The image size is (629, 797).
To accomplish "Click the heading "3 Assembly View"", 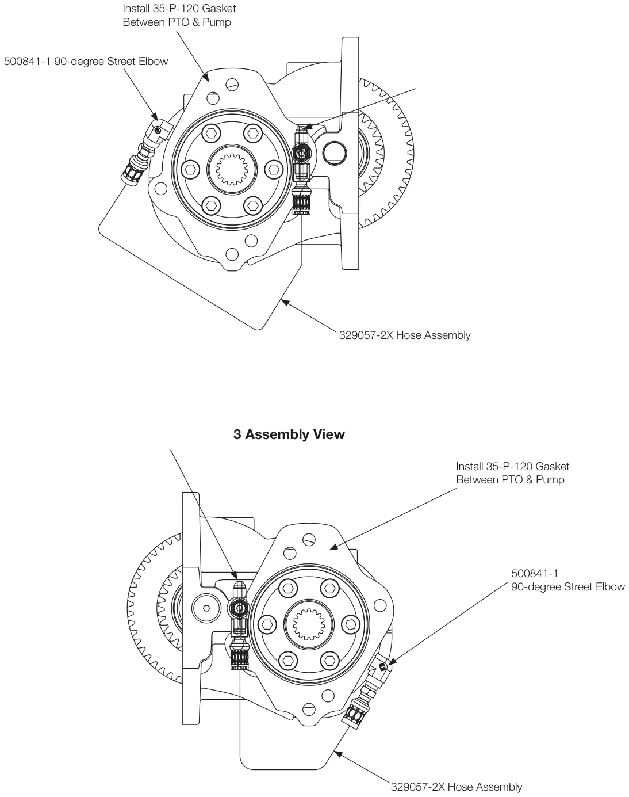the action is pyautogui.click(x=289, y=434).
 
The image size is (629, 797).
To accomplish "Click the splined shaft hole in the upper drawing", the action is pyautogui.click(x=232, y=169).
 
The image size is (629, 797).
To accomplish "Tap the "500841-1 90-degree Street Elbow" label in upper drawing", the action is pyautogui.click(x=86, y=61).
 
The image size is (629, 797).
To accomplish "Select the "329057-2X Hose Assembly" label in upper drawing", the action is pyautogui.click(x=405, y=335).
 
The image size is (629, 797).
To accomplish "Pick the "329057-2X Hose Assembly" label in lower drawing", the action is pyautogui.click(x=457, y=787).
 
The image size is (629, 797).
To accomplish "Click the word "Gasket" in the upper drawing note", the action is pyautogui.click(x=218, y=8).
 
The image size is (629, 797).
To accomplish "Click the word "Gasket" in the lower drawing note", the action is pyautogui.click(x=552, y=466).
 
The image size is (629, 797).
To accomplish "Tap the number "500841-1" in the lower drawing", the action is pyautogui.click(x=535, y=574).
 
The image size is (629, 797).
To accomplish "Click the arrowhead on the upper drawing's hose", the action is pyautogui.click(x=285, y=302).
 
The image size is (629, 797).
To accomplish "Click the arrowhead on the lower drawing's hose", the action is pyautogui.click(x=337, y=753).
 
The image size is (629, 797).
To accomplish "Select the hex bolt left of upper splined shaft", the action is pyautogui.click(x=190, y=169).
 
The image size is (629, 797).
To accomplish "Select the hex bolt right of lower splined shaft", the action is pyautogui.click(x=350, y=624).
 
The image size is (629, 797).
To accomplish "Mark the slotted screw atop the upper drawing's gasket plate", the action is pyautogui.click(x=232, y=85).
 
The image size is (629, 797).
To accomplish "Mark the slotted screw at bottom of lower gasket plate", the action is pyautogui.click(x=309, y=710).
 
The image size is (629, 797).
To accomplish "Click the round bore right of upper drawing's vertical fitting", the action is pyautogui.click(x=335, y=152).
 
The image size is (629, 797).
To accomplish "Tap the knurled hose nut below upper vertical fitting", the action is pyautogui.click(x=301, y=200).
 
